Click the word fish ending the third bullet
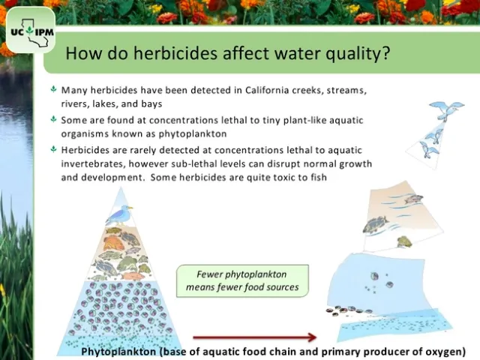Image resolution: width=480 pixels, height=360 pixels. pos(319,178)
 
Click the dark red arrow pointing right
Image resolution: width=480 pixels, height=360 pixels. pos(255,337)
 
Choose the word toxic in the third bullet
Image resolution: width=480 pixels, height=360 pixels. pos(277,178)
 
